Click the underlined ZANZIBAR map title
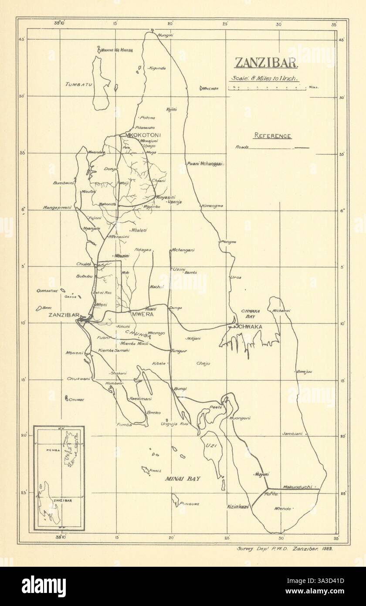click(266, 64)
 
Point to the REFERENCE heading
click(273, 136)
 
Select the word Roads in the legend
click(242, 147)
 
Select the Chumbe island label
click(76, 400)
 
